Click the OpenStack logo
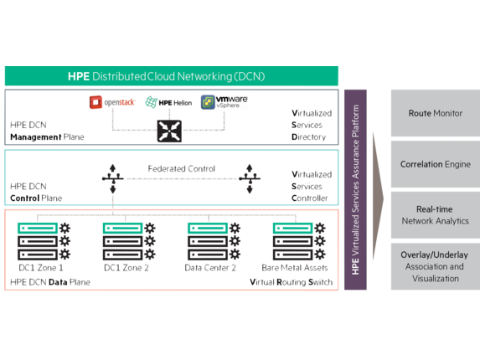[112, 102]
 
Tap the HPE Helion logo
[168, 102]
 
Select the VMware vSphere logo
[224, 102]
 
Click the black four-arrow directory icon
[169, 131]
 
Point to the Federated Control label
[182, 168]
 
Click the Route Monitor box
[436, 113]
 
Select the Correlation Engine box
[436, 164]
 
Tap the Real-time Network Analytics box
[436, 215]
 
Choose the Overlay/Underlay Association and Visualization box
[436, 266]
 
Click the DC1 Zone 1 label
[41, 268]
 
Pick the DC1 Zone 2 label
[126, 268]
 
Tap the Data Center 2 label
[210, 268]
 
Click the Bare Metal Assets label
[295, 268]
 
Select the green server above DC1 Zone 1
[38, 229]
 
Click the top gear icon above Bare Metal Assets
[320, 229]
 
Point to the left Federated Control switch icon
[112, 178]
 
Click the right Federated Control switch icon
[250, 178]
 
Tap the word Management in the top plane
[36, 137]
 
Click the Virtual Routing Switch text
[292, 282]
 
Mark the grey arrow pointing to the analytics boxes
[378, 197]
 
